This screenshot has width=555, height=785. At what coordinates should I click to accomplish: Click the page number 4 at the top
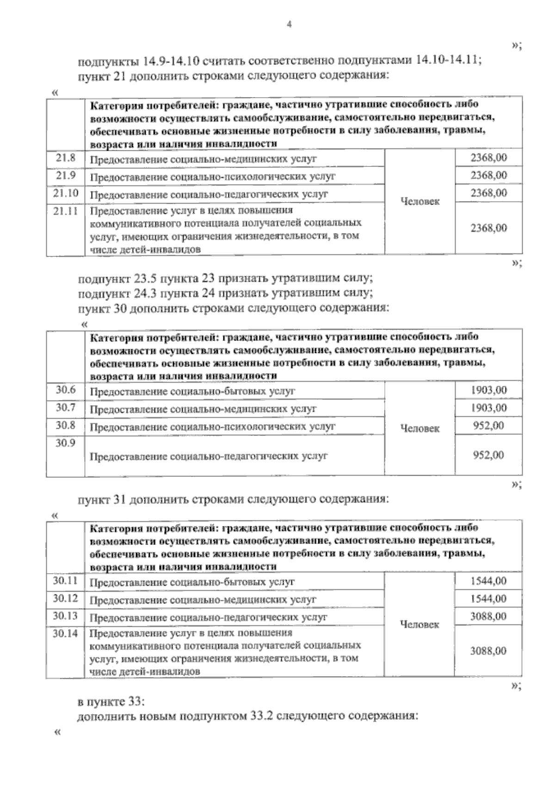(289, 25)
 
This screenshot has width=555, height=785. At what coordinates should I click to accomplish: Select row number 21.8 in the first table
(66, 158)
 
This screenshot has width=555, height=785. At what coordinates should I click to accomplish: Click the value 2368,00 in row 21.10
(488, 193)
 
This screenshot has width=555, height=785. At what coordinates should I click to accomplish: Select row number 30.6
(66, 390)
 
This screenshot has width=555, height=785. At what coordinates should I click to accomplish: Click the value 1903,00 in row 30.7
(488, 408)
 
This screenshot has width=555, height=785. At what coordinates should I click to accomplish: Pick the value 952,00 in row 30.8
(488, 426)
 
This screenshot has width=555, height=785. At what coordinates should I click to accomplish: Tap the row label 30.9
(66, 443)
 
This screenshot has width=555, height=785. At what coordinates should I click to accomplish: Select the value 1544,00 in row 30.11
(488, 581)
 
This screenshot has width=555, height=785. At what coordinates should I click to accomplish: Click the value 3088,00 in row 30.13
(488, 616)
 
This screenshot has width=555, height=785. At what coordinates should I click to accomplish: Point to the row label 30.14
(65, 634)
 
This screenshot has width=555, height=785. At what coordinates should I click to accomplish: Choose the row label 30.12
(65, 599)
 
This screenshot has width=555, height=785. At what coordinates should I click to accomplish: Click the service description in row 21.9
(212, 177)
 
